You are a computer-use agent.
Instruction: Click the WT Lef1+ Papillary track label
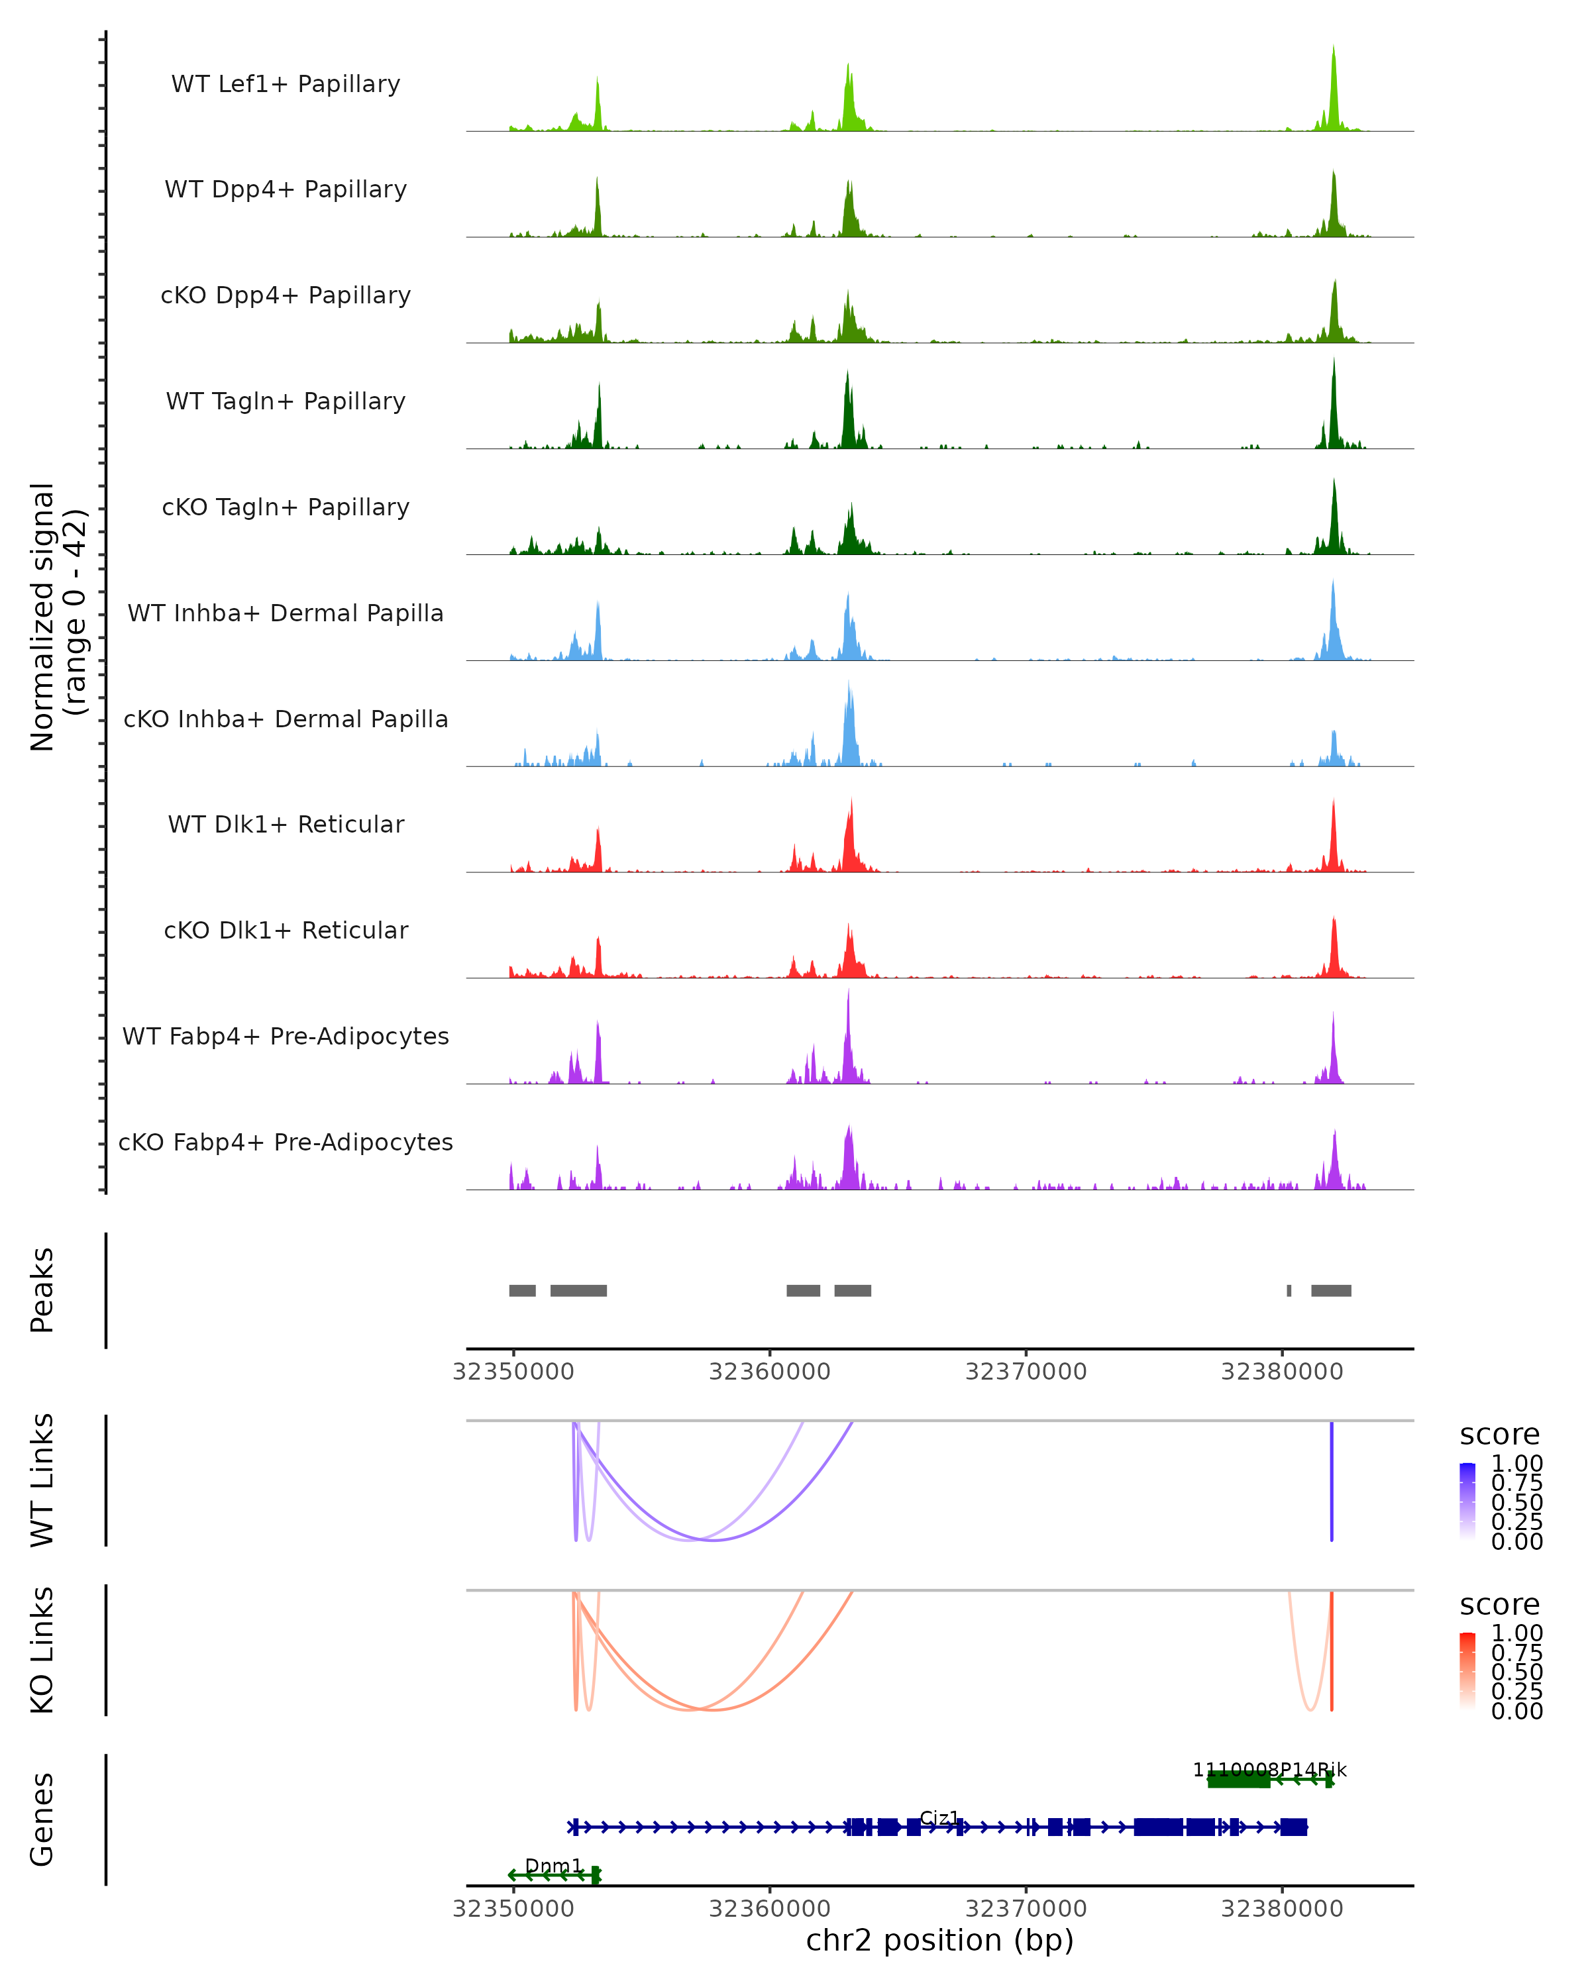(x=286, y=84)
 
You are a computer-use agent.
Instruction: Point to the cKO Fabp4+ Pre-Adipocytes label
(x=286, y=1142)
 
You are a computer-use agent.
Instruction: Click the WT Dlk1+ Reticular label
(x=286, y=825)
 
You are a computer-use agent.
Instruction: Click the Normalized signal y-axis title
(x=57, y=617)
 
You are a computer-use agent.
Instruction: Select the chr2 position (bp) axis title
(x=939, y=1940)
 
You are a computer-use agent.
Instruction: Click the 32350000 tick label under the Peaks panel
(x=513, y=1372)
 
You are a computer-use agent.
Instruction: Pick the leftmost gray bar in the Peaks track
(x=523, y=1290)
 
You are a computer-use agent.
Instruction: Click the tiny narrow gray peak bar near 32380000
(x=1289, y=1290)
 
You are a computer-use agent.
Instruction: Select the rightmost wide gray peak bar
(x=1331, y=1290)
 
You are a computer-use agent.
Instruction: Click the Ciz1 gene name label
(x=939, y=1818)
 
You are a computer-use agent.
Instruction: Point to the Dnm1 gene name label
(x=553, y=1866)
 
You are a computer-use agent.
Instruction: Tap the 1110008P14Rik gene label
(x=1269, y=1770)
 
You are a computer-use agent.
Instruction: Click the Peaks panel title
(x=42, y=1290)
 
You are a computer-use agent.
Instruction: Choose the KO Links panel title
(x=42, y=1650)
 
